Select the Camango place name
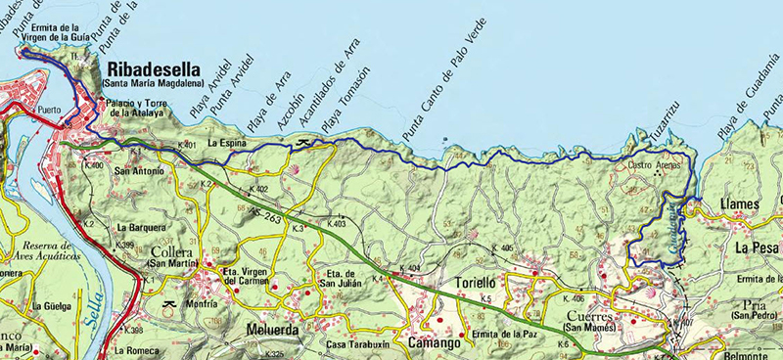click(434, 343)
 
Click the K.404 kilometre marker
click(409, 267)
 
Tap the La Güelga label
click(51, 305)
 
